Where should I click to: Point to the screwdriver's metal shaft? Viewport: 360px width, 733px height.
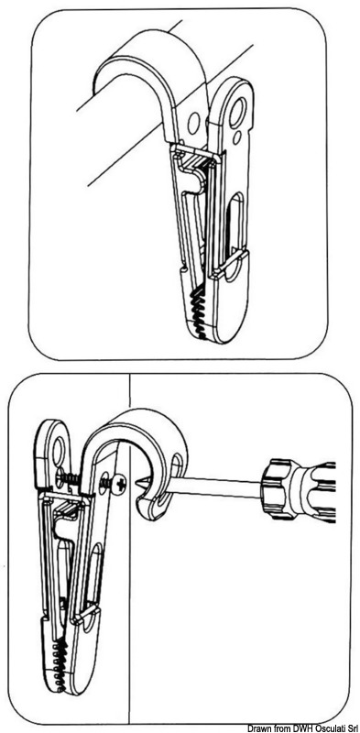[212, 487]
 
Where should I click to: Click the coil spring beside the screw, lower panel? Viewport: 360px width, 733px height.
[67, 478]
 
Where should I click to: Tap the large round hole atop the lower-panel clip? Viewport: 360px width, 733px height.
[59, 451]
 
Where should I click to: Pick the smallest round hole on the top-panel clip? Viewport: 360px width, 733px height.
[237, 137]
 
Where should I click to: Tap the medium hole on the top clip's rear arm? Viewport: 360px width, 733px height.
[193, 123]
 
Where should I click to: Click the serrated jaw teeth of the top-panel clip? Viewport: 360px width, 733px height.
[198, 310]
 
